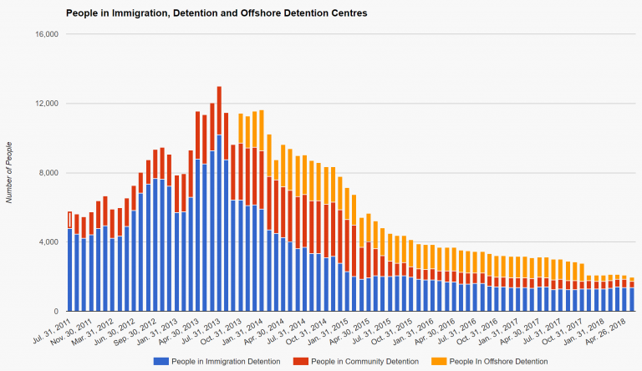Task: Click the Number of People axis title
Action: click(x=9, y=173)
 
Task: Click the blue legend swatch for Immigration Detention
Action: click(x=159, y=361)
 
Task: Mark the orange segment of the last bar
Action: click(x=632, y=279)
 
